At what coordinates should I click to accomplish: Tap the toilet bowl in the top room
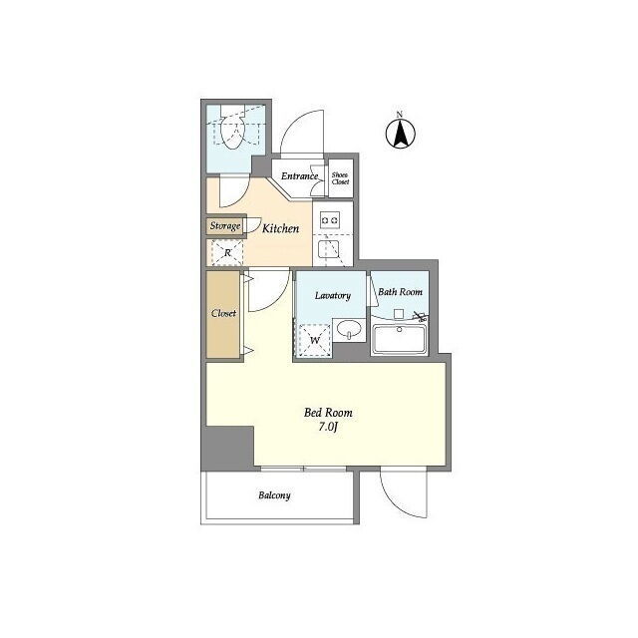click(x=232, y=131)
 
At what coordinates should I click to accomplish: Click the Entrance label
click(x=299, y=176)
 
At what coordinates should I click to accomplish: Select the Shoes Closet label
click(x=340, y=178)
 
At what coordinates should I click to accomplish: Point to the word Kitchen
click(x=280, y=228)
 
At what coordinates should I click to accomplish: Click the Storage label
click(x=225, y=226)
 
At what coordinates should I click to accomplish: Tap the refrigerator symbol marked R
click(x=227, y=253)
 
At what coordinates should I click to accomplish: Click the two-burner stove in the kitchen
click(x=330, y=220)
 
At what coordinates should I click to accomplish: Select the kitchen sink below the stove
click(x=329, y=249)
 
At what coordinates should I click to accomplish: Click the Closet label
click(x=223, y=313)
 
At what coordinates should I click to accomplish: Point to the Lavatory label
click(x=332, y=295)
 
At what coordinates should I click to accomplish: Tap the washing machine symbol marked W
click(x=315, y=340)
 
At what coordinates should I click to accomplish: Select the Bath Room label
click(x=400, y=292)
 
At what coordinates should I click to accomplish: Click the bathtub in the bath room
click(x=400, y=339)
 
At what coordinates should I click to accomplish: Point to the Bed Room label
click(x=328, y=413)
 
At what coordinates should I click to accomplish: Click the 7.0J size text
click(x=328, y=428)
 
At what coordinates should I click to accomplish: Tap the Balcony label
click(x=274, y=495)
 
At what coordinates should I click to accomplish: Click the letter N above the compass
click(x=400, y=114)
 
